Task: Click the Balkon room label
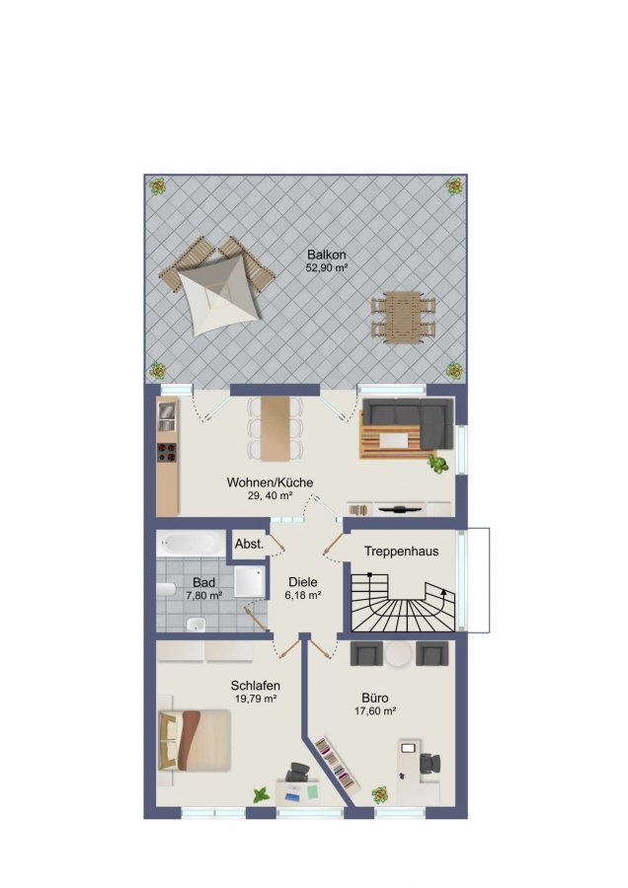pos(327,255)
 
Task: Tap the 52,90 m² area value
pos(327,267)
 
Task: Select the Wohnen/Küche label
pos(270,482)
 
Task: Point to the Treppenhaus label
pos(401,551)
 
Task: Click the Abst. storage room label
pos(250,545)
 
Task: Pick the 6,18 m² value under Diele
pos(303,595)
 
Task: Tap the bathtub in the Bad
pos(193,544)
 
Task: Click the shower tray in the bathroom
pos(250,580)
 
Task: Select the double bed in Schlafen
pos(195,740)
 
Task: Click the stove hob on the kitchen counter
pos(167,452)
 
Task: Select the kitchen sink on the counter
pos(167,416)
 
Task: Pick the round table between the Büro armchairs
pos(400,654)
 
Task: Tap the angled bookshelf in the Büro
pos(338,763)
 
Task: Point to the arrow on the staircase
pos(443,592)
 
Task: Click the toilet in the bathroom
pos(167,590)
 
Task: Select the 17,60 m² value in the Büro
pos(375,711)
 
